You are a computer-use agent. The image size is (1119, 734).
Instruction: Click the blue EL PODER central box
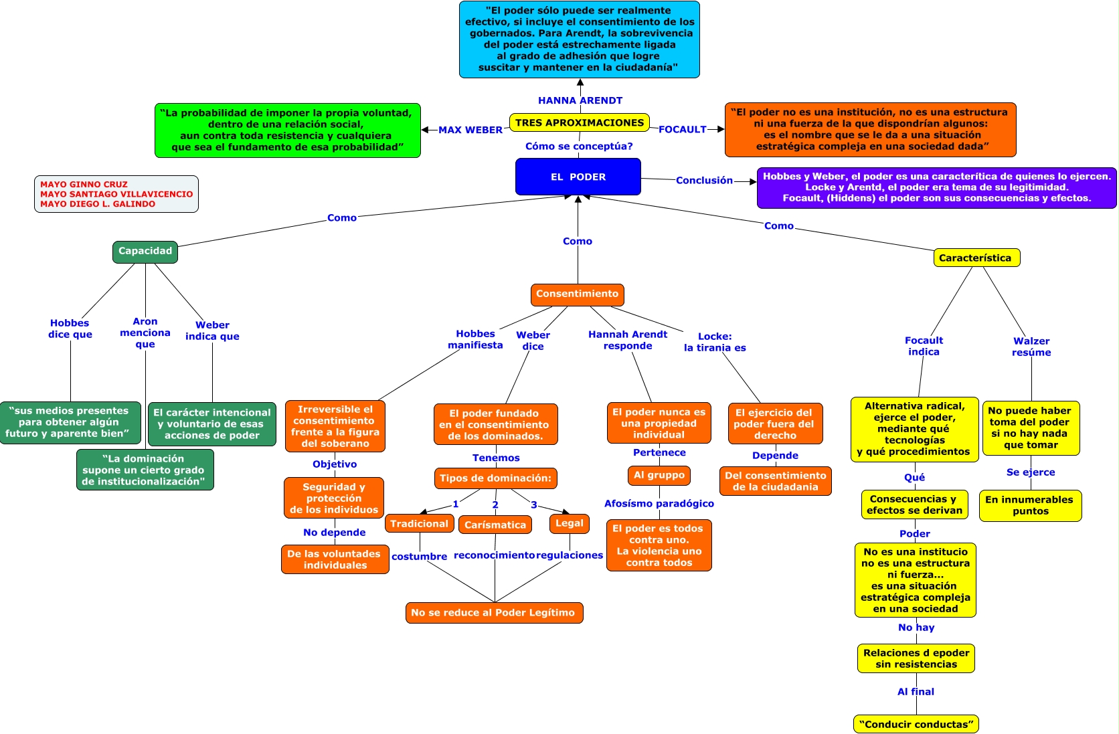pyautogui.click(x=578, y=177)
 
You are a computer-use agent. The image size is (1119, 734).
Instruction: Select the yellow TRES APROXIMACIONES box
pyautogui.click(x=580, y=122)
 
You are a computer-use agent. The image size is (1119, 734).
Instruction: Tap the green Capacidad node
pyautogui.click(x=145, y=252)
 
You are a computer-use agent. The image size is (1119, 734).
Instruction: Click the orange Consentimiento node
pyautogui.click(x=577, y=294)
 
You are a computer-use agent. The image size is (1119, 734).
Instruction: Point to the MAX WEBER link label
pyautogui.click(x=470, y=130)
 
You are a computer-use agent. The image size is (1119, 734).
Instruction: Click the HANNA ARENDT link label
pyautogui.click(x=580, y=100)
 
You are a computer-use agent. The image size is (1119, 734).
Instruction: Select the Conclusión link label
pyautogui.click(x=704, y=180)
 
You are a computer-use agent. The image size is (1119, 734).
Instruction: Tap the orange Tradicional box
pyautogui.click(x=419, y=524)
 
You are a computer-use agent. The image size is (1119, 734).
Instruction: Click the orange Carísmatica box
pyautogui.click(x=495, y=525)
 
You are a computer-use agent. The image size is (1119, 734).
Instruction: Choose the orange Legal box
pyautogui.click(x=570, y=523)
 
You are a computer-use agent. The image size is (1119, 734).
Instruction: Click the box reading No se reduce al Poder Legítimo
pyautogui.click(x=495, y=613)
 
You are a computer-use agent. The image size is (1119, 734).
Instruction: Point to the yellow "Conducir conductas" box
pyautogui.click(x=916, y=724)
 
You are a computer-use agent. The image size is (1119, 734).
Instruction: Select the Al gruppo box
pyautogui.click(x=659, y=475)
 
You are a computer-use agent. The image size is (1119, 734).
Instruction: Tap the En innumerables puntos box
pyautogui.click(x=1031, y=505)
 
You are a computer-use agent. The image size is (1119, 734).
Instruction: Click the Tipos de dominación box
pyautogui.click(x=495, y=478)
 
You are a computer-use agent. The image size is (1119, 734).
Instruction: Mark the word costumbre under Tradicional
pyautogui.click(x=419, y=556)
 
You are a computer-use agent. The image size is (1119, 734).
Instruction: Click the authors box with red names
pyautogui.click(x=116, y=194)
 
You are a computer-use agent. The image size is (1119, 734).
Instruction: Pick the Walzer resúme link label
pyautogui.click(x=1031, y=347)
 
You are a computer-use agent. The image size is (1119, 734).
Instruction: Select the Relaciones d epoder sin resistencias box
pyautogui.click(x=916, y=658)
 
